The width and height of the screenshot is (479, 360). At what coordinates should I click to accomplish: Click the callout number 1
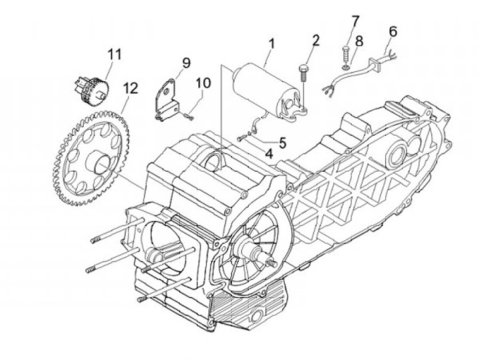tap(271, 44)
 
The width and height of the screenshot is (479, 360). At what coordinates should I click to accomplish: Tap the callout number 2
tap(315, 41)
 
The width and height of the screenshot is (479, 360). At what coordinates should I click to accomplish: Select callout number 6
tap(393, 31)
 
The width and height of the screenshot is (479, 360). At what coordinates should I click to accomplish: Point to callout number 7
tap(355, 21)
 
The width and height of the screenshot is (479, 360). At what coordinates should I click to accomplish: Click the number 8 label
tap(359, 41)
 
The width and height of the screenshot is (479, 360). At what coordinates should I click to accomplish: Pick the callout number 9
tap(186, 63)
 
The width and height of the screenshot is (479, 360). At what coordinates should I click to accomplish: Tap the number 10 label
tap(203, 83)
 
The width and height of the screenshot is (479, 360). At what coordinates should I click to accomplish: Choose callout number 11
tap(114, 55)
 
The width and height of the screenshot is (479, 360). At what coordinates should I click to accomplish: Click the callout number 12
tap(130, 88)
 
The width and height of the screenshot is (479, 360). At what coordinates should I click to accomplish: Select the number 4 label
tap(269, 154)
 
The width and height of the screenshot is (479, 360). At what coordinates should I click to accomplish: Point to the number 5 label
tap(282, 142)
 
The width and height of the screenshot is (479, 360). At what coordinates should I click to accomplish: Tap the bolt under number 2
tap(303, 73)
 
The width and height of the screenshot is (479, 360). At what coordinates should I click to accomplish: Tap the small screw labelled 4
tap(241, 138)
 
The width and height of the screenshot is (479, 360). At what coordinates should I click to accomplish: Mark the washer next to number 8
tap(345, 67)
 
